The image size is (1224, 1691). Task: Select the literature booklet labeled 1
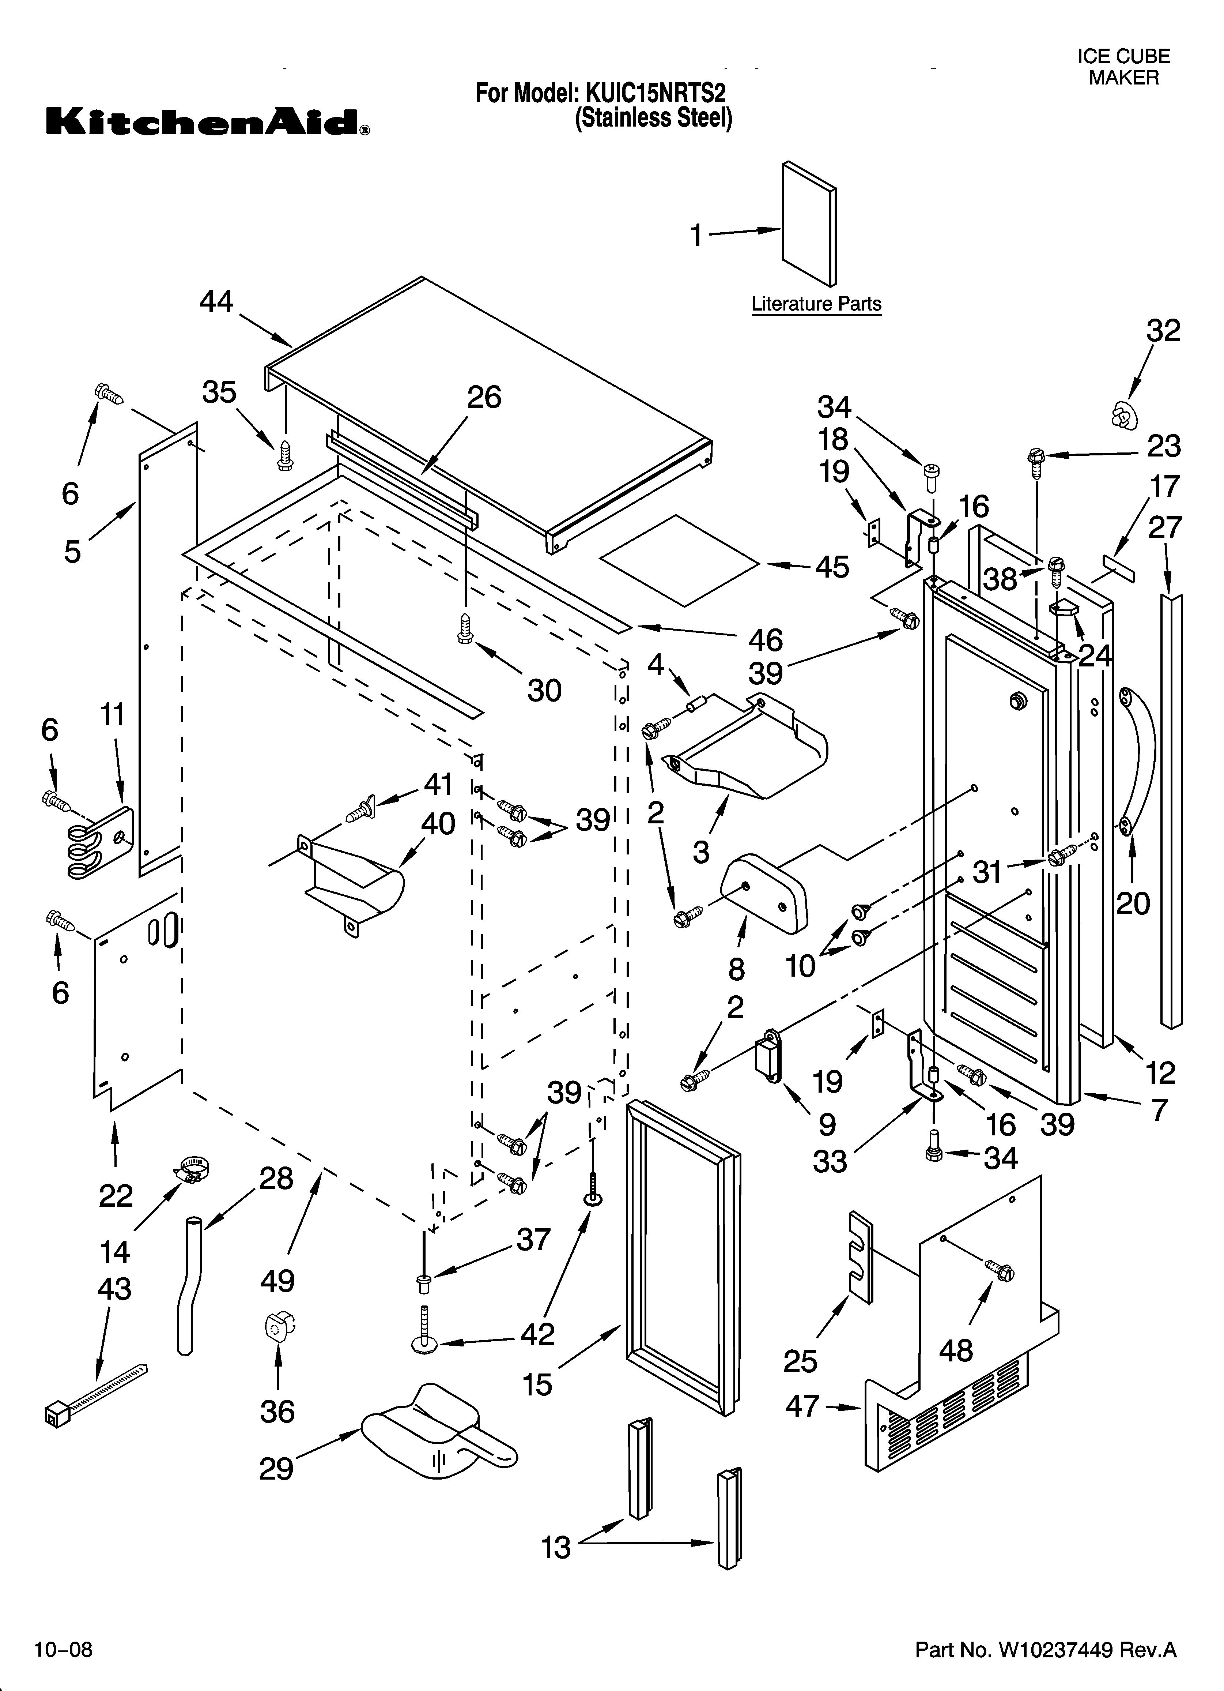(x=809, y=224)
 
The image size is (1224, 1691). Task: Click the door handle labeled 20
(x=1137, y=760)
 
